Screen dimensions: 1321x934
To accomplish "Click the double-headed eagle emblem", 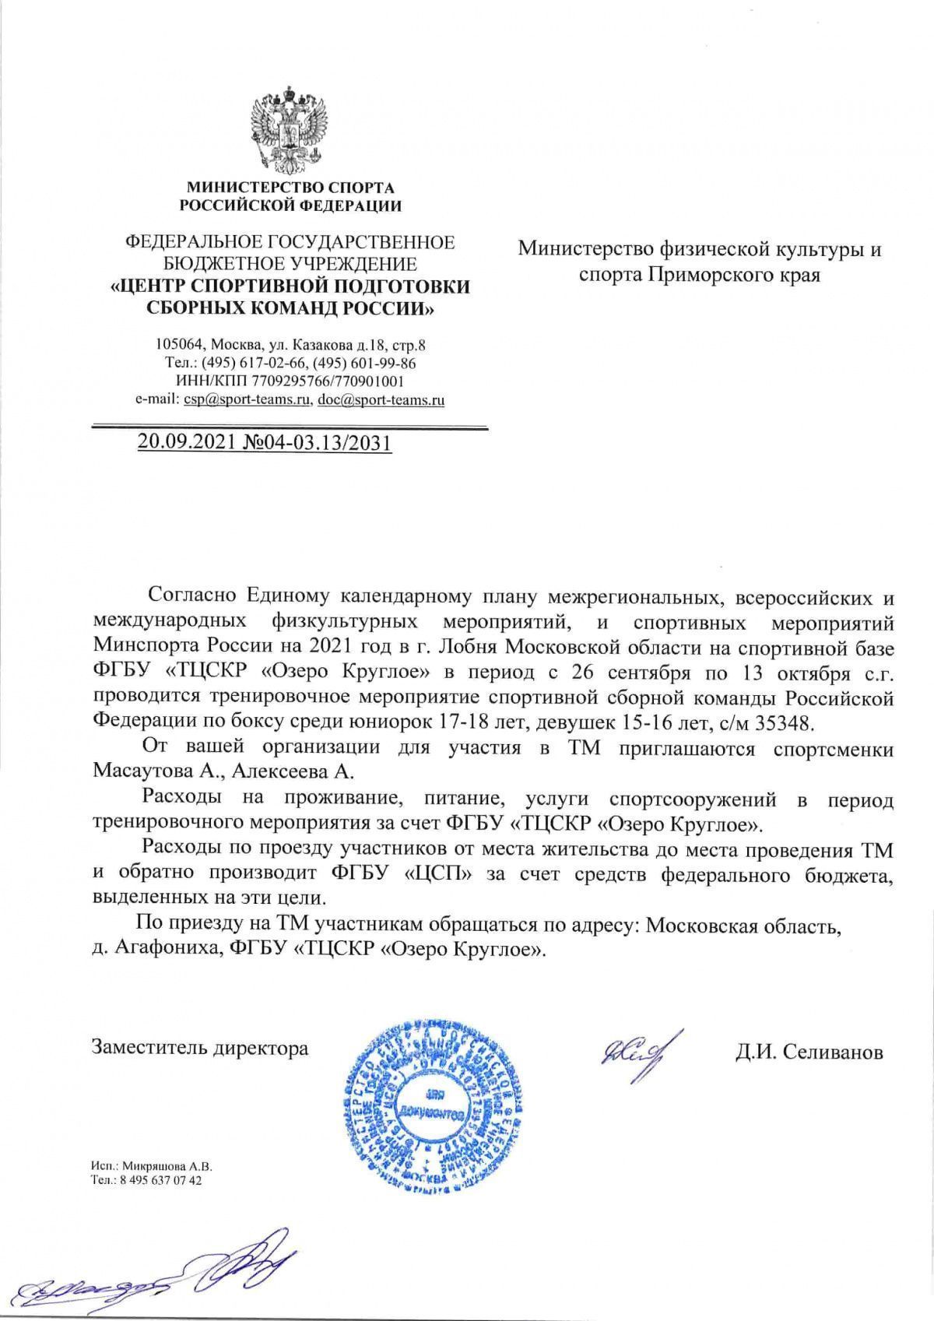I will (290, 129).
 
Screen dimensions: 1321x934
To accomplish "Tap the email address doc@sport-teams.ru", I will (381, 400).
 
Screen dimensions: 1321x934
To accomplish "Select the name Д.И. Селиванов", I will (809, 1052).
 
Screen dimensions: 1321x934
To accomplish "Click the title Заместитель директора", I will (200, 1048).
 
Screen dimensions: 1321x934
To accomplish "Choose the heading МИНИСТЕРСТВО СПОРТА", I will (290, 188).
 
